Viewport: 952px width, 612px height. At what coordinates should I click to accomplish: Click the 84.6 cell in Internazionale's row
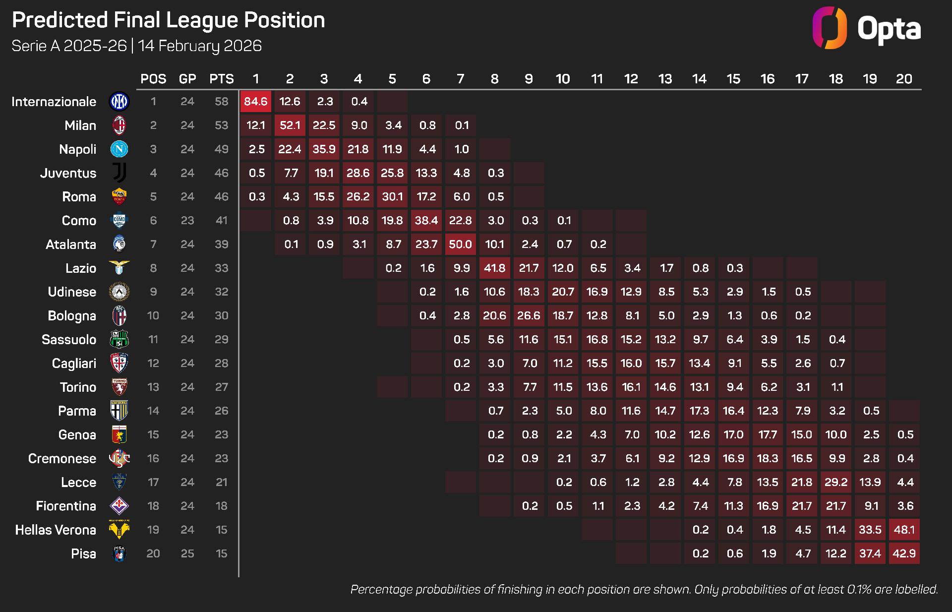[255, 102]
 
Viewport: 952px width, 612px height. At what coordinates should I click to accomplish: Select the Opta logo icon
[830, 28]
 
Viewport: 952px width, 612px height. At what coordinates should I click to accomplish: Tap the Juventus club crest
[119, 173]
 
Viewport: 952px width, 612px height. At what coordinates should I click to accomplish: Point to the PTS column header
[221, 79]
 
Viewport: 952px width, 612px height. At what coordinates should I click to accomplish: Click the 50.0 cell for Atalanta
[460, 245]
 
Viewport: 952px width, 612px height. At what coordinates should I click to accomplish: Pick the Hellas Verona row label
[56, 530]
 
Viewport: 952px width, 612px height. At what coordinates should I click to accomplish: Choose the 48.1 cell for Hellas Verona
[904, 530]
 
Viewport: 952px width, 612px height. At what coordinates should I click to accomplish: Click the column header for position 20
[904, 79]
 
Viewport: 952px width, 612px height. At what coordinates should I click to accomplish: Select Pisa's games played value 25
[187, 554]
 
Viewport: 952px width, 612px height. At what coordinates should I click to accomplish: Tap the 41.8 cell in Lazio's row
[494, 268]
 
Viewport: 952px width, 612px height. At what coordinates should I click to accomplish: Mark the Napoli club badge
[119, 149]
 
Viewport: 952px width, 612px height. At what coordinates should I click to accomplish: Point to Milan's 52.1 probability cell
[290, 125]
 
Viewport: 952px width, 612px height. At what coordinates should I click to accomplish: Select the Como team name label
[79, 221]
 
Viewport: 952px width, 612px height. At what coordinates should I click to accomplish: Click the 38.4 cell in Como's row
[426, 221]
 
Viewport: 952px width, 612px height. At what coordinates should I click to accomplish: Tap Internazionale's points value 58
[221, 102]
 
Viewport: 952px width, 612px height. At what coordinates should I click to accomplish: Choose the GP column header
[187, 79]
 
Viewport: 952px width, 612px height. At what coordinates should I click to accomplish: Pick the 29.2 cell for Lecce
[835, 483]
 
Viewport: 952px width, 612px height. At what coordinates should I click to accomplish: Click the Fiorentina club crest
[119, 506]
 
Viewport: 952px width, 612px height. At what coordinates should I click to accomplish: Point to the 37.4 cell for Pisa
[870, 554]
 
